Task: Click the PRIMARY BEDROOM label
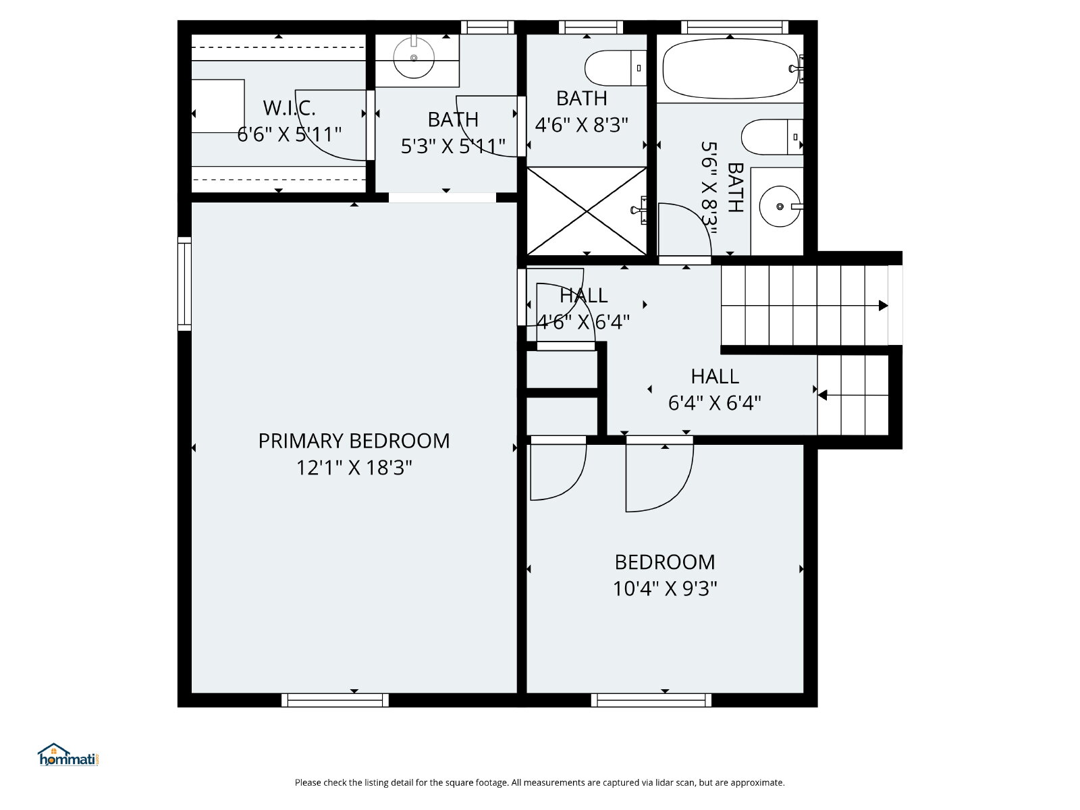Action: point(354,441)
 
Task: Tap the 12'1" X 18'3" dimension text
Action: point(354,467)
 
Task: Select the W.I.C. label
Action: point(289,108)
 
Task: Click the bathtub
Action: point(732,69)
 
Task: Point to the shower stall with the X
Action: point(587,211)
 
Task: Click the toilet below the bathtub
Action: point(772,137)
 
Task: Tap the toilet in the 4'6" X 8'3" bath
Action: point(616,68)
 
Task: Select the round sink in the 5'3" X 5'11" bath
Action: point(414,57)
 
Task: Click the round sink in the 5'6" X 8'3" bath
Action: point(780,207)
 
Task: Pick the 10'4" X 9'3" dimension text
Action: point(665,589)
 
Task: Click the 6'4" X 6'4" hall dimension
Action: point(714,403)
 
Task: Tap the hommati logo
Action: point(68,755)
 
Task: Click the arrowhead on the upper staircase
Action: point(883,305)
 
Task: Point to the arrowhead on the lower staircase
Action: point(822,395)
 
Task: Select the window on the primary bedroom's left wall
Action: point(184,283)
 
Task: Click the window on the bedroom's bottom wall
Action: point(651,700)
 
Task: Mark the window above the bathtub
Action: point(734,28)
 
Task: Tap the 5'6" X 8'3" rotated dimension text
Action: point(709,188)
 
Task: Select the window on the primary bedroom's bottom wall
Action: point(335,700)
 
